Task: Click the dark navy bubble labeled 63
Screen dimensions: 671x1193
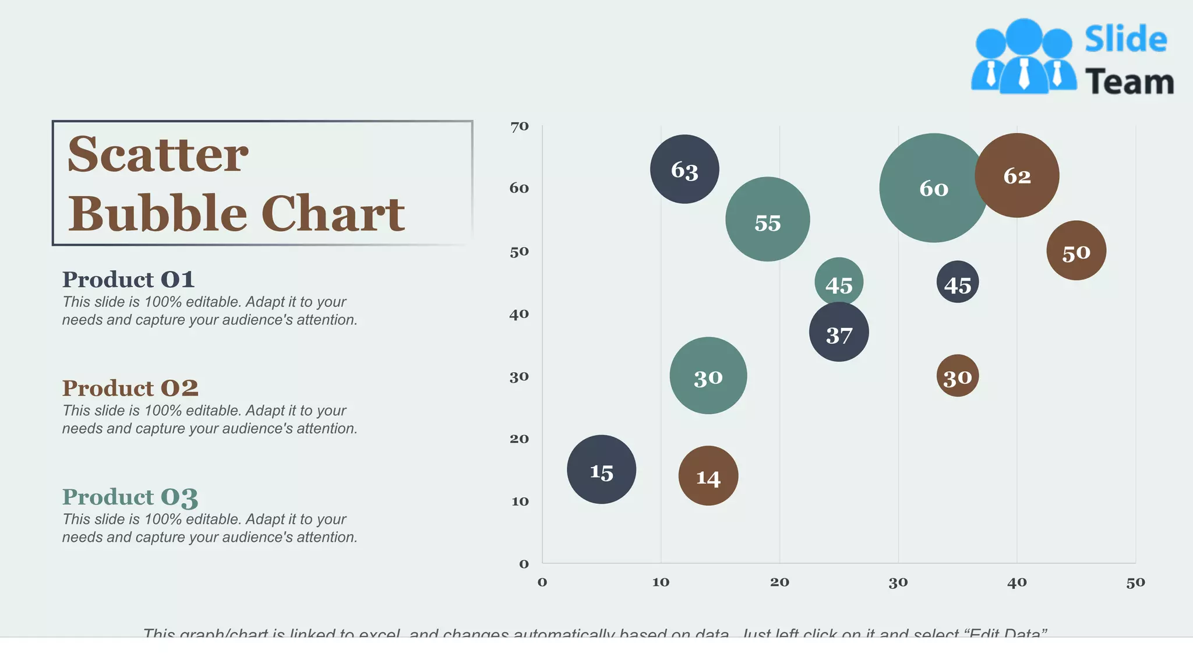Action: pyautogui.click(x=684, y=169)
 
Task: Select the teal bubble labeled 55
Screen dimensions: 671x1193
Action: pyautogui.click(x=767, y=220)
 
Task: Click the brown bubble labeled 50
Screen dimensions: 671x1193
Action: pyautogui.click(x=1076, y=251)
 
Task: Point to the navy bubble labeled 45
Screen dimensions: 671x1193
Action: pyautogui.click(x=958, y=282)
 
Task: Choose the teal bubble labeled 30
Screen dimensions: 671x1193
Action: pyautogui.click(x=708, y=376)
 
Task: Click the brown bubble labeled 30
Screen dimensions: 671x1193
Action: pyautogui.click(x=958, y=376)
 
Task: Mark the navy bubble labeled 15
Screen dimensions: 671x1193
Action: pyautogui.click(x=601, y=469)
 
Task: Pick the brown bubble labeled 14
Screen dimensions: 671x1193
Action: pyautogui.click(x=708, y=476)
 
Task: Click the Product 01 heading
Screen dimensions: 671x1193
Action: pyautogui.click(x=128, y=280)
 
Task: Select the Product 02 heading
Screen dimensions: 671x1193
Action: pyautogui.click(x=130, y=388)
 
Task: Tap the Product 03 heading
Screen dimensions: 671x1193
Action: pyautogui.click(x=130, y=497)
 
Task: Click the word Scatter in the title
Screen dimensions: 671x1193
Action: pyautogui.click(x=158, y=154)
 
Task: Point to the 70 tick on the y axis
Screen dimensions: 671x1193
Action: pyautogui.click(x=519, y=126)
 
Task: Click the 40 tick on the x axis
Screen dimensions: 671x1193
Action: pyautogui.click(x=1017, y=582)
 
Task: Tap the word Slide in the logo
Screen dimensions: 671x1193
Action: pyautogui.click(x=1125, y=40)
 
